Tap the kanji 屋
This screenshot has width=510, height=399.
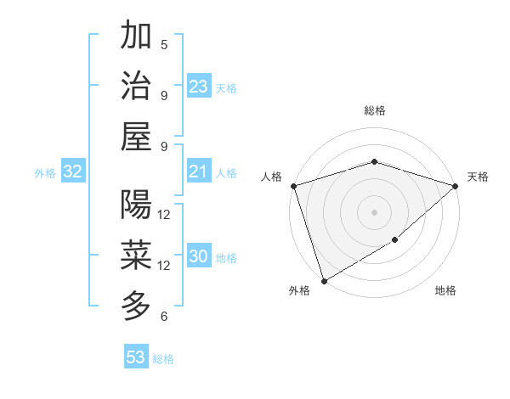[x=136, y=136]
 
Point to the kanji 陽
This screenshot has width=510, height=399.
[x=136, y=205]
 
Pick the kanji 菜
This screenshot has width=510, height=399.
[x=136, y=255]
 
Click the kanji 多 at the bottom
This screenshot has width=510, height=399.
[x=136, y=306]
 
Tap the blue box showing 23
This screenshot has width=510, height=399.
[x=199, y=87]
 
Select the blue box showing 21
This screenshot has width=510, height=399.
[x=199, y=172]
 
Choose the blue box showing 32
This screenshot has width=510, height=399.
[x=72, y=172]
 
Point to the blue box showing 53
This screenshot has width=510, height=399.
[x=136, y=357]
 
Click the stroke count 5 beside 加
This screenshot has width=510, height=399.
[x=164, y=44]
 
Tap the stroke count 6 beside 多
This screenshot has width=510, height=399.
[x=164, y=317]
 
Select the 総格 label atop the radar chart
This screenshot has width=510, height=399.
[x=374, y=110]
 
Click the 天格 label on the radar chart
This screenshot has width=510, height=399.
[x=478, y=177]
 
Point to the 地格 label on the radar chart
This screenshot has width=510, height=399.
[x=445, y=291]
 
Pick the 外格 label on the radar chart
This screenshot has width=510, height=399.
[x=299, y=291]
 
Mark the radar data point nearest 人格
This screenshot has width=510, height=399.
[x=292, y=186]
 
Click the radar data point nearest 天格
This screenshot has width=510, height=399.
[x=456, y=186]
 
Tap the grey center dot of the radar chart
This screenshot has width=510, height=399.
[x=374, y=212]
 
